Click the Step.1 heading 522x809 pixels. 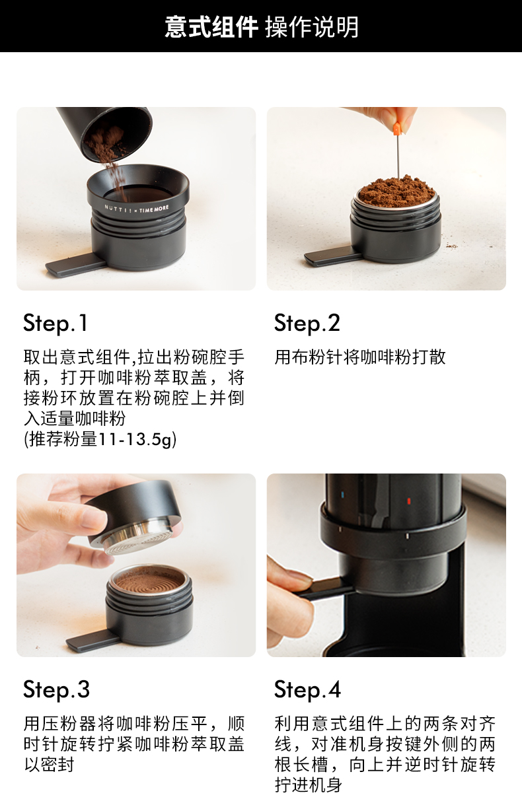56,323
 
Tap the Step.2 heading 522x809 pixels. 307,323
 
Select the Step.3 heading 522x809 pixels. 56,689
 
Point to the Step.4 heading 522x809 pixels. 307,689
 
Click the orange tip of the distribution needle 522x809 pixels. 396,129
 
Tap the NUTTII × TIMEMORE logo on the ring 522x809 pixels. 137,209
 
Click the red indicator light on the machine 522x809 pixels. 409,501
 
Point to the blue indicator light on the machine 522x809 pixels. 343,495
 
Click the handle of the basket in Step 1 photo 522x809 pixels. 75,265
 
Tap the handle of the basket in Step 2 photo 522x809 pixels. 332,258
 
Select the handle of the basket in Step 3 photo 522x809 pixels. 93,643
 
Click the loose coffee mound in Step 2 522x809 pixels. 397,190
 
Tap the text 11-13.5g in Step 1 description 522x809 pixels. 137,440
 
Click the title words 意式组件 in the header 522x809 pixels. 211,26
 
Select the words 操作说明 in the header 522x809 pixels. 312,26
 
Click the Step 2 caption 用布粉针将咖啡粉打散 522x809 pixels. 360,357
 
